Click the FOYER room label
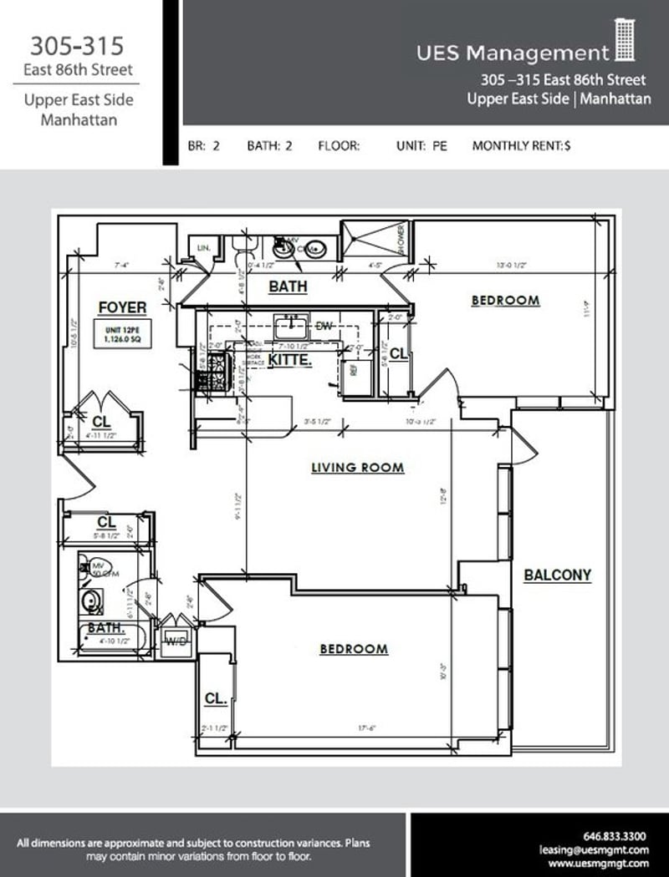pos(122,307)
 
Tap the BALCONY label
pos(557,575)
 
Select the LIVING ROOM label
pos(357,468)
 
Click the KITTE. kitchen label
pos(290,359)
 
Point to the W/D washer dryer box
pos(176,641)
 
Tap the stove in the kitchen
pos(206,373)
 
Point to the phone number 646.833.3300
pos(614,834)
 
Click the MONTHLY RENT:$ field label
pos(521,146)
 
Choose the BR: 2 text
pos(204,146)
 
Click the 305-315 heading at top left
pos(76,45)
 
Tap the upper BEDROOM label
pos(505,300)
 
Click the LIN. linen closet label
pos(202,248)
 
